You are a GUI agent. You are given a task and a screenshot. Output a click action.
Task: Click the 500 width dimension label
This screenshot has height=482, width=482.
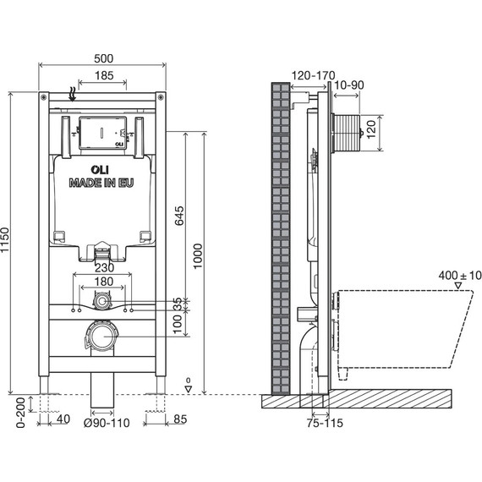click(104, 58)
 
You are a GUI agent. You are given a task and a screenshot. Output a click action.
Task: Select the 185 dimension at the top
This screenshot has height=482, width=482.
click(104, 75)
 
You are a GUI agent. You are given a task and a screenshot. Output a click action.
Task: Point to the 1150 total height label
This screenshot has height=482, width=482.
click(5, 240)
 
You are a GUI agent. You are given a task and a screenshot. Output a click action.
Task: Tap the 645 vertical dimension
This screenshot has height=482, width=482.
click(180, 216)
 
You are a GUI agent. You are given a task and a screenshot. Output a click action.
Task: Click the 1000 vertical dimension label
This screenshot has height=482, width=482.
click(198, 256)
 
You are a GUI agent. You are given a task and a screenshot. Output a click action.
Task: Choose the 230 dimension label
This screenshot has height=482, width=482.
click(104, 268)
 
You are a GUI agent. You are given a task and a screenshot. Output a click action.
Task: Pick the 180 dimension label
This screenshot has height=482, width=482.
click(104, 282)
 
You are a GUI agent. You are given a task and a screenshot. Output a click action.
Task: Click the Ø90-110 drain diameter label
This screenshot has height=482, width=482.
click(107, 423)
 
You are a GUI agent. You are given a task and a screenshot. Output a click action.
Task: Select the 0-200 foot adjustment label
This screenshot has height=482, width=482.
click(20, 413)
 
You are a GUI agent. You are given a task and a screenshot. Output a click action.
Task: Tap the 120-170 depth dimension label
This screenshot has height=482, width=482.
click(313, 75)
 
